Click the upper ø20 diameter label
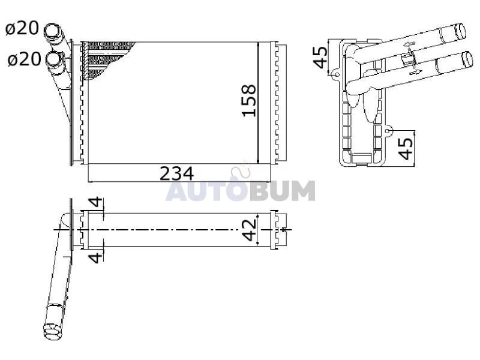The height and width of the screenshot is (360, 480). [22, 28]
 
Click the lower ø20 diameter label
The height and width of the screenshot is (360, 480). [24, 59]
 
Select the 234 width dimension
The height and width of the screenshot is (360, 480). [177, 173]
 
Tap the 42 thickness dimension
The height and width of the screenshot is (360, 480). [249, 230]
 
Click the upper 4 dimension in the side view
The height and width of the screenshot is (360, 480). [96, 202]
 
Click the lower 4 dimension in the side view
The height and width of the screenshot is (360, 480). [96, 257]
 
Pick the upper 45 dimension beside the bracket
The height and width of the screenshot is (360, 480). [320, 57]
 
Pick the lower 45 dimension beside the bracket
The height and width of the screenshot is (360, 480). [407, 149]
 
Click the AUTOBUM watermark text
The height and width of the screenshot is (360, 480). [241, 190]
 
